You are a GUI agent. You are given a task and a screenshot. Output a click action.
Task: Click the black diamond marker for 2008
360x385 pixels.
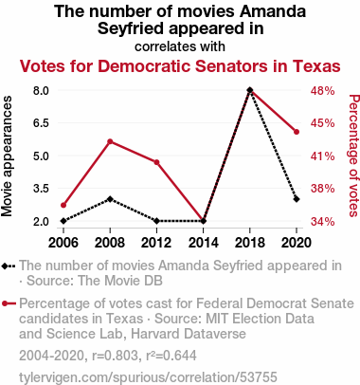point(110,199)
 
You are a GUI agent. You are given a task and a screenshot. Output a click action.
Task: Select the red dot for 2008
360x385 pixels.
point(110,141)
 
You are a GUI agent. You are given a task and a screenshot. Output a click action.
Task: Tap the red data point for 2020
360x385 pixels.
point(297,132)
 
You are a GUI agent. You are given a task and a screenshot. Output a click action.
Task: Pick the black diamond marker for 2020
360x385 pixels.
point(297,199)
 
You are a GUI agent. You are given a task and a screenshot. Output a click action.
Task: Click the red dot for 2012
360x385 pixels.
point(156,162)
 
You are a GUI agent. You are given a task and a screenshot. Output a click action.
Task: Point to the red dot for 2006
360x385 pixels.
point(63,205)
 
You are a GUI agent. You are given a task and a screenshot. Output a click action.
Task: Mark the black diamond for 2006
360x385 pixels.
point(63,221)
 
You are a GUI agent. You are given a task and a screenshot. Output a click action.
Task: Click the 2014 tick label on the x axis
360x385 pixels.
point(203,243)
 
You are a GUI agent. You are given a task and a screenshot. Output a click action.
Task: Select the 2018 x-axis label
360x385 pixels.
point(250,243)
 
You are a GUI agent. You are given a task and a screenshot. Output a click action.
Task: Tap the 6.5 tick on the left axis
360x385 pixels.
point(41,123)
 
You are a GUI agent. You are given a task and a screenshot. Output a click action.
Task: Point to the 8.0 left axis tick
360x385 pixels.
point(41,91)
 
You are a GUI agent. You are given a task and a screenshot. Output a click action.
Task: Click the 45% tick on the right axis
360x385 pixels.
point(322,123)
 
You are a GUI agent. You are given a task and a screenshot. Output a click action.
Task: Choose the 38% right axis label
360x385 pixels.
point(322,189)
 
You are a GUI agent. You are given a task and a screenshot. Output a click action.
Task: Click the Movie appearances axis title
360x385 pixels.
point(7,156)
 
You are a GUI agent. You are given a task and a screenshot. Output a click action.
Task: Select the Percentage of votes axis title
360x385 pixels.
point(354,156)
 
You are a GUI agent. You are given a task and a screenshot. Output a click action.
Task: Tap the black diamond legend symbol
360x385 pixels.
point(9,266)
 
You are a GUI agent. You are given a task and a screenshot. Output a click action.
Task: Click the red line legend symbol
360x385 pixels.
point(9,303)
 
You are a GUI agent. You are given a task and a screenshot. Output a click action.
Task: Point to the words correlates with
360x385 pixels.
point(180,46)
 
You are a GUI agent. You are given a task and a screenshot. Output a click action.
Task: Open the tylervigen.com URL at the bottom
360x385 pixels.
point(148,377)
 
